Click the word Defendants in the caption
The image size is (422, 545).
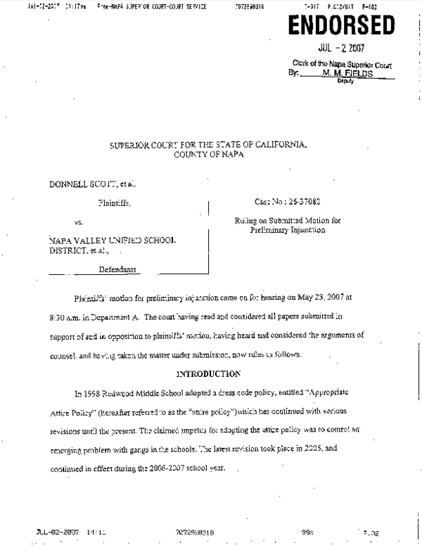(x=117, y=269)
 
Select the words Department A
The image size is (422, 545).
(x=115, y=316)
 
